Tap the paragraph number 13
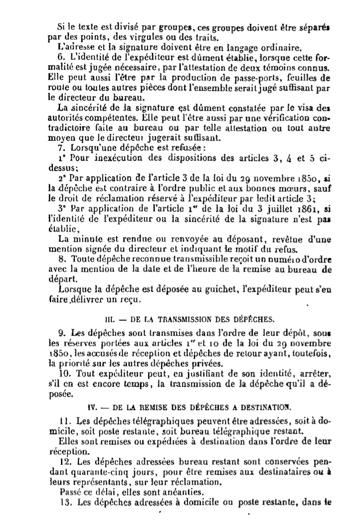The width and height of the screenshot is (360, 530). (63, 502)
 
